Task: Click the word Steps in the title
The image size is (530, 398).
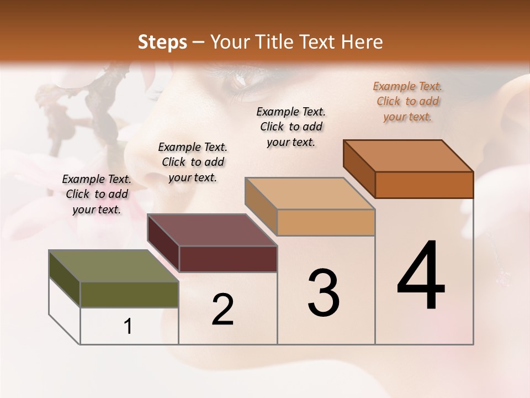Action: pyautogui.click(x=162, y=42)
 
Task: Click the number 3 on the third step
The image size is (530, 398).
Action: pyautogui.click(x=323, y=293)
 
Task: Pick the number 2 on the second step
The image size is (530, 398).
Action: pyautogui.click(x=222, y=310)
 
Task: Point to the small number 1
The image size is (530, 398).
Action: pyautogui.click(x=128, y=327)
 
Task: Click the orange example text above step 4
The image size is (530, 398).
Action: pyautogui.click(x=408, y=102)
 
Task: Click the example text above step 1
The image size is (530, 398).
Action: pyautogui.click(x=97, y=194)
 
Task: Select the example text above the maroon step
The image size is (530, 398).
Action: pyautogui.click(x=193, y=162)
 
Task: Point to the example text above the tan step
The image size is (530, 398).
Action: pyautogui.click(x=291, y=127)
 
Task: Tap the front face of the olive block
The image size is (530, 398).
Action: pyautogui.click(x=129, y=294)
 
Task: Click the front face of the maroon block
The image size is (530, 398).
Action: pyautogui.click(x=228, y=259)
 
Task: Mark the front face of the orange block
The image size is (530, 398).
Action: pyautogui.click(x=424, y=185)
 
